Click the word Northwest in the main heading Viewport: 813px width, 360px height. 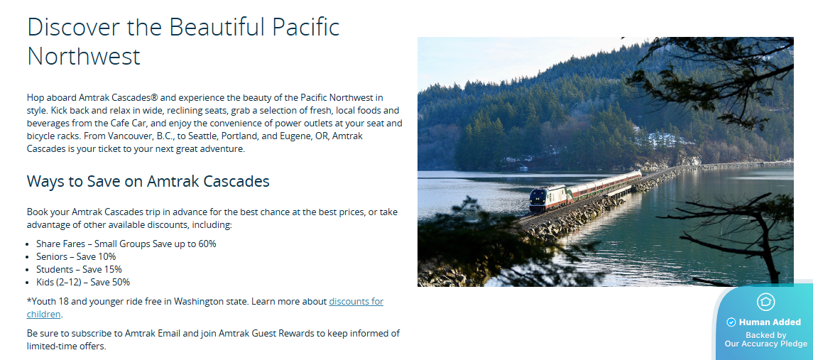(84, 56)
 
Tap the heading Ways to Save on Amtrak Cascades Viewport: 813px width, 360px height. (148, 181)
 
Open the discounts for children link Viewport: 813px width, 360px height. (205, 307)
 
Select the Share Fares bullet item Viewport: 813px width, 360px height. (126, 244)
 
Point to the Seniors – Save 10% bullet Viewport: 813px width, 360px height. (76, 256)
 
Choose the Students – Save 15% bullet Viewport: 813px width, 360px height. (79, 269)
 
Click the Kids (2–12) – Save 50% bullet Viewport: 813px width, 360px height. (83, 282)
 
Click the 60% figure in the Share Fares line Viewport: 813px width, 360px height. (207, 244)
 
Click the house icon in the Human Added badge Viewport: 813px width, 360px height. (765, 302)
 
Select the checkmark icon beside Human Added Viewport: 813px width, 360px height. (731, 322)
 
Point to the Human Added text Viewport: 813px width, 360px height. (770, 322)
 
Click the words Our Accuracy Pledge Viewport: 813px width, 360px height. (766, 344)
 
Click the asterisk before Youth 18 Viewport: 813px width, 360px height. (29, 300)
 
